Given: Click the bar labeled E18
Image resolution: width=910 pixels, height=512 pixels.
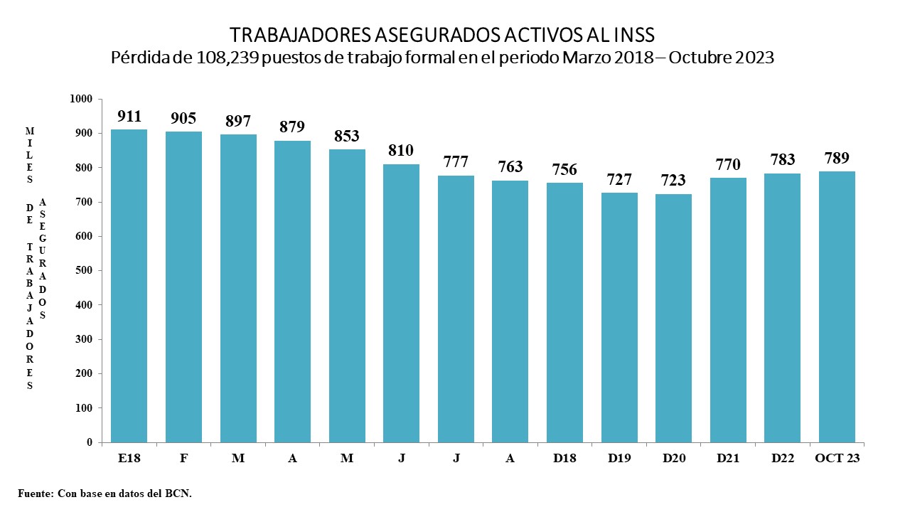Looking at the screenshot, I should pyautogui.click(x=129, y=284).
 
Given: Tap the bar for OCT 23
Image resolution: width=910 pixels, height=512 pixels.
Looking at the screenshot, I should pyautogui.click(x=837, y=306).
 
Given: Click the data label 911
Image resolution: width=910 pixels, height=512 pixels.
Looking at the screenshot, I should pyautogui.click(x=129, y=117).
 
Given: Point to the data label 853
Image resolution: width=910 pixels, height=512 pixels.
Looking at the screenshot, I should pyautogui.click(x=347, y=137).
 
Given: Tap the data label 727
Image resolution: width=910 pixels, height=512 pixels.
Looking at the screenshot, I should pyautogui.click(x=619, y=180).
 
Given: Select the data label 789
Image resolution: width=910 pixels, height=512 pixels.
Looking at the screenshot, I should pyautogui.click(x=837, y=158).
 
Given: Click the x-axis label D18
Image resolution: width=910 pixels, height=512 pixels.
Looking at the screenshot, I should pyautogui.click(x=564, y=459).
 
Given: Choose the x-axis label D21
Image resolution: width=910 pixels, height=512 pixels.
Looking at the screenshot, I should pyautogui.click(x=728, y=459).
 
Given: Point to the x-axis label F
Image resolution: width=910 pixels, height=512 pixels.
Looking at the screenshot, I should pyautogui.click(x=183, y=459).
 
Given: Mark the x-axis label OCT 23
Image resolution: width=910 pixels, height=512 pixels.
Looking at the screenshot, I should pyautogui.click(x=837, y=459).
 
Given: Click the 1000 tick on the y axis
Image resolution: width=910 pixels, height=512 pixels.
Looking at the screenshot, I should pyautogui.click(x=82, y=99).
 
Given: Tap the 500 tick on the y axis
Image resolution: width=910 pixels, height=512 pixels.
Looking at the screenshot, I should pyautogui.click(x=85, y=270).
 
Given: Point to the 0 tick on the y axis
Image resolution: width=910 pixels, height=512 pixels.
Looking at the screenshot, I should pyautogui.click(x=90, y=442).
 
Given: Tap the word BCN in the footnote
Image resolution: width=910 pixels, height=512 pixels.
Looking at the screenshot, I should pyautogui.click(x=178, y=493).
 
